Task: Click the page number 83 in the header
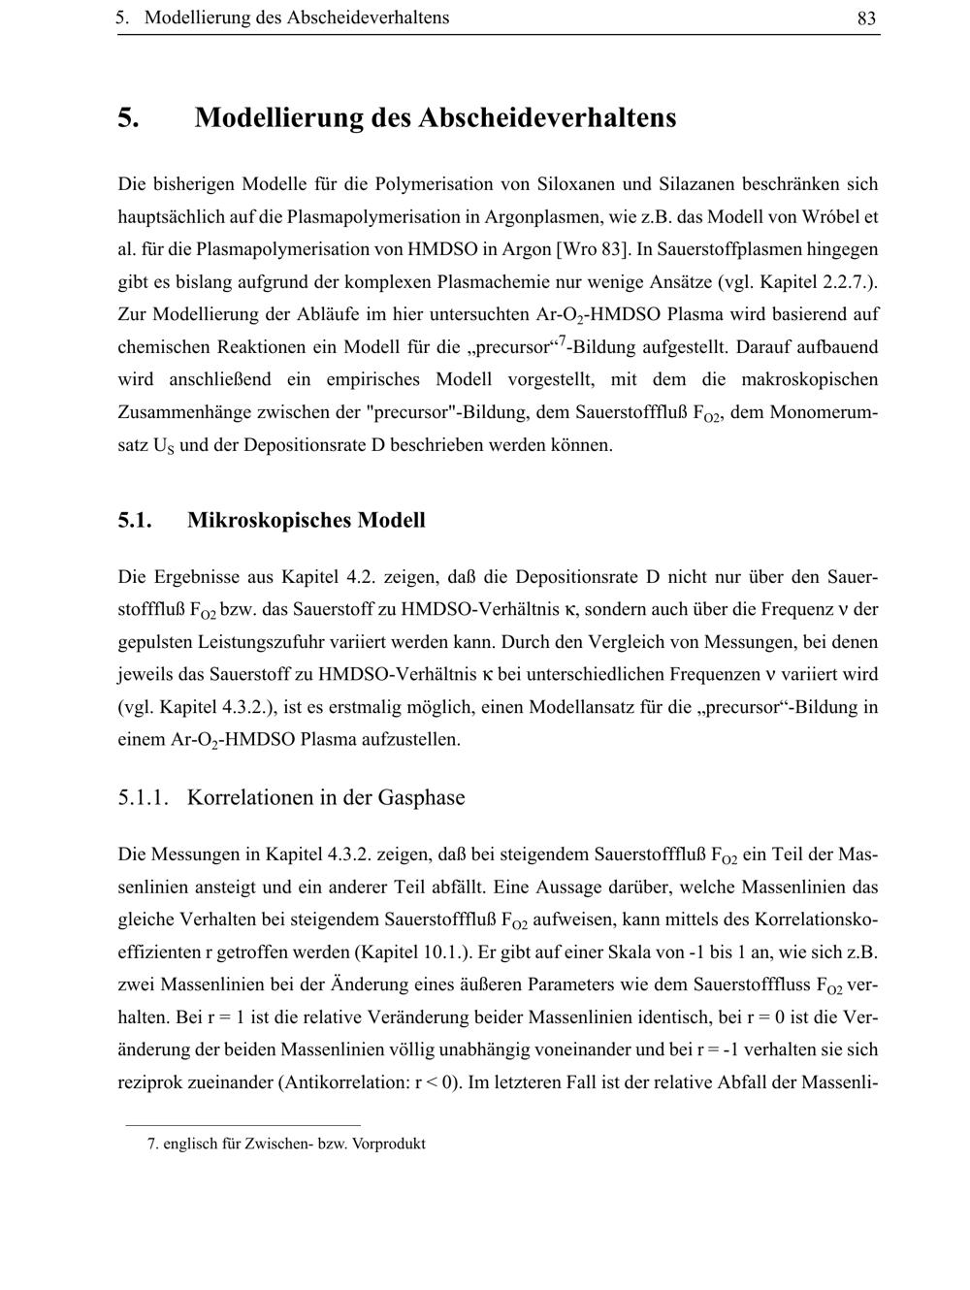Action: pos(867,18)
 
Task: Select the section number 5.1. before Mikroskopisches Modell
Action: pos(135,520)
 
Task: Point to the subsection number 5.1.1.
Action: pos(144,797)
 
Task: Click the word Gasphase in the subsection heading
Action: pos(421,797)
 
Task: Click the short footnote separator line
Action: pos(242,1125)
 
